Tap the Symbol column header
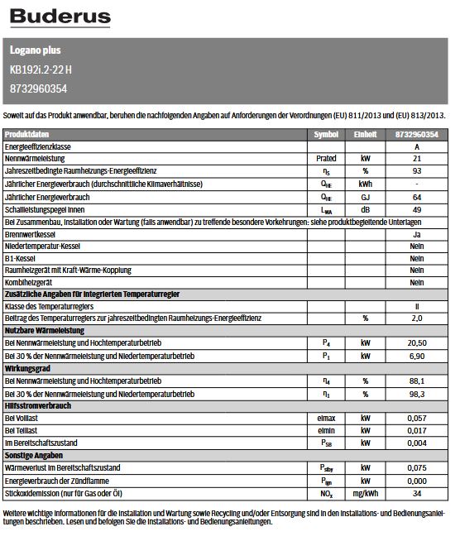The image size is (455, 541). pos(326,134)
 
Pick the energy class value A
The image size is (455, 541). pos(417,146)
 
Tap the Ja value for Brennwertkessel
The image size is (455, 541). pos(417,236)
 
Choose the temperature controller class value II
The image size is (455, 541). pos(417,306)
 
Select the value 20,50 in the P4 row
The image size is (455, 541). pos(417,341)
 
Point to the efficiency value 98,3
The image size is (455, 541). pos(417,393)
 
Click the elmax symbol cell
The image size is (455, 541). pos(326,419)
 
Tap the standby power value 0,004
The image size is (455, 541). pos(417,443)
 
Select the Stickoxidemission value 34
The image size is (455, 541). pos(417,493)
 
